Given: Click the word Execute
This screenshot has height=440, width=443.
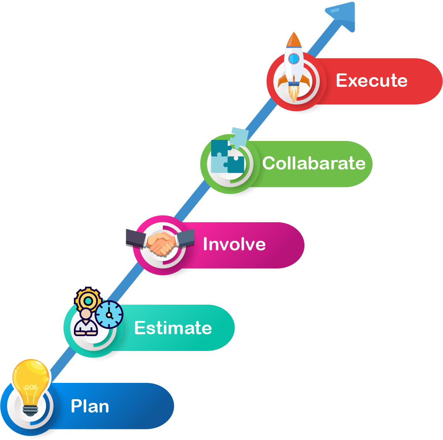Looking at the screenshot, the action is (372, 81).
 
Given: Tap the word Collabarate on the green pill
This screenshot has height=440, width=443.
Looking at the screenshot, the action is (314, 163).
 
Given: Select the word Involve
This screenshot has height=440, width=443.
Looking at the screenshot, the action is (234, 244).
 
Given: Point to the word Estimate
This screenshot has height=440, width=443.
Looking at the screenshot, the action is (173, 328).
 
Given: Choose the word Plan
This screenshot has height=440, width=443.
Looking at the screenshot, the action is (90, 406).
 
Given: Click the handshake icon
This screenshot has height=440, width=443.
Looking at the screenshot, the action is (160, 242).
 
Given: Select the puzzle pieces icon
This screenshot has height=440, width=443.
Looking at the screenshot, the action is (229, 151).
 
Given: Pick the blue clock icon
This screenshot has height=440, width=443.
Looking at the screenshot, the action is (109, 315).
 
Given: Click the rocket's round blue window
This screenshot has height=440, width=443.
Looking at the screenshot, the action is (294, 59).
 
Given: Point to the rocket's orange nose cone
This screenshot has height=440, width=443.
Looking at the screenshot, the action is (294, 40).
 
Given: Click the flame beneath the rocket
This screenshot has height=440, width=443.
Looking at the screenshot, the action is (294, 93).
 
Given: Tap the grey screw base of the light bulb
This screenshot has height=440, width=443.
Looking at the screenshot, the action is (30, 411).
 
